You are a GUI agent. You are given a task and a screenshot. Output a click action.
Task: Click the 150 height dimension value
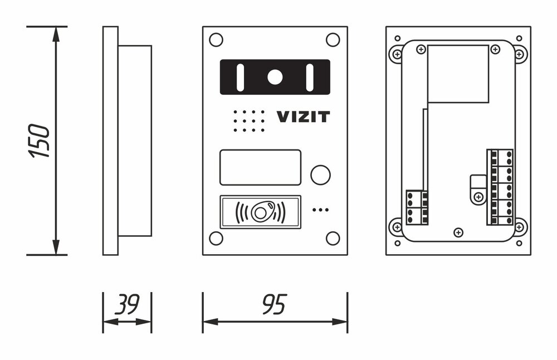click(39, 141)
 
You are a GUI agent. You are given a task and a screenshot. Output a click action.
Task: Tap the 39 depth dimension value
click(128, 304)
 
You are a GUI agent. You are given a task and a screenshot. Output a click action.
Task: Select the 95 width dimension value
click(274, 304)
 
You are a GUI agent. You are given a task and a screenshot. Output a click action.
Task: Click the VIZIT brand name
click(303, 116)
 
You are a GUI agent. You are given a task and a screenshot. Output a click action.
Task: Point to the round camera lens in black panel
click(275, 77)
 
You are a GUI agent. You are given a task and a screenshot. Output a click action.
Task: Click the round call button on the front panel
click(320, 174)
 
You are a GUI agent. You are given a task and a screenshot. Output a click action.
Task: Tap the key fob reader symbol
click(260, 212)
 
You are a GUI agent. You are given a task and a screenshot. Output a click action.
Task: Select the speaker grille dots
click(248, 121)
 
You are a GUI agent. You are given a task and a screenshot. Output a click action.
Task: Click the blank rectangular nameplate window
click(260, 167)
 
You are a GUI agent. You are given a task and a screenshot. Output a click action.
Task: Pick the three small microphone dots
click(320, 210)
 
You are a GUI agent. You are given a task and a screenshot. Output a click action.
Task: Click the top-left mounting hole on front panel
click(216, 40)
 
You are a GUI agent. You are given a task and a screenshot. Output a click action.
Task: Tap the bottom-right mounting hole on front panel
click(333, 238)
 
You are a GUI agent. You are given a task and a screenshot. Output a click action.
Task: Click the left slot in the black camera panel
click(240, 77)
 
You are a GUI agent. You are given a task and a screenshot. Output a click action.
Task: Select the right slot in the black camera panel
click(310, 77)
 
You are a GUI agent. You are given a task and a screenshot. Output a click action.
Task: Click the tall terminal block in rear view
click(500, 187)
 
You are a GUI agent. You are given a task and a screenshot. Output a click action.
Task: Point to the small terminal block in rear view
click(417, 207)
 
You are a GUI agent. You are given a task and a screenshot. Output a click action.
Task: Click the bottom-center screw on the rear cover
click(458, 233)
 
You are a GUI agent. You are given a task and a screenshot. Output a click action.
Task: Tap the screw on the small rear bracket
click(478, 197)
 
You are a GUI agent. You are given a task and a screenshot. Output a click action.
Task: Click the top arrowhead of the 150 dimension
click(56, 35)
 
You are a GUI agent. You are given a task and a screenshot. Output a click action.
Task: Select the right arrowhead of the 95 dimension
click(339, 322)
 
